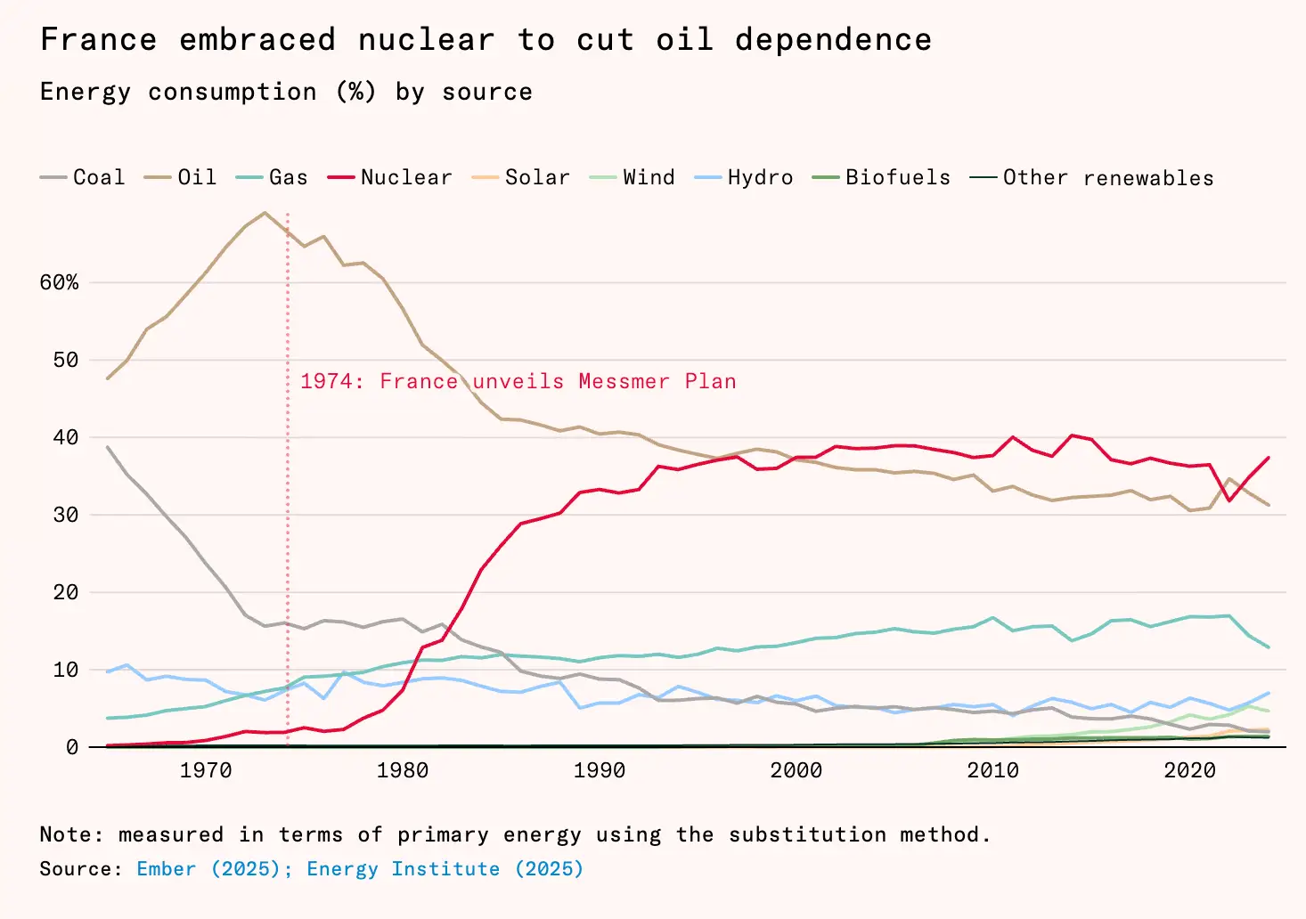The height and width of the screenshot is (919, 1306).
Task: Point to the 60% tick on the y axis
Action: (59, 283)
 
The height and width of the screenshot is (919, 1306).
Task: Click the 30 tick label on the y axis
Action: (65, 516)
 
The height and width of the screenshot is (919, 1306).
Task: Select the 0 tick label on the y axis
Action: (72, 748)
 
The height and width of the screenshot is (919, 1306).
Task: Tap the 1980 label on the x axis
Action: (402, 770)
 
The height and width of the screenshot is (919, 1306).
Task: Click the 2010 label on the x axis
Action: (992, 770)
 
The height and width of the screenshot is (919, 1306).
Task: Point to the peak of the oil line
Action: (264, 213)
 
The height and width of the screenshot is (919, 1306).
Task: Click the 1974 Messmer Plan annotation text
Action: (518, 381)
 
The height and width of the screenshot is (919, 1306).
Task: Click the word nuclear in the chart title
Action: (426, 40)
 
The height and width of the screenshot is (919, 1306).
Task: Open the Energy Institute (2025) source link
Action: (445, 869)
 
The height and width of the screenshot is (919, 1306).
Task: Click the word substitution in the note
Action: (807, 835)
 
